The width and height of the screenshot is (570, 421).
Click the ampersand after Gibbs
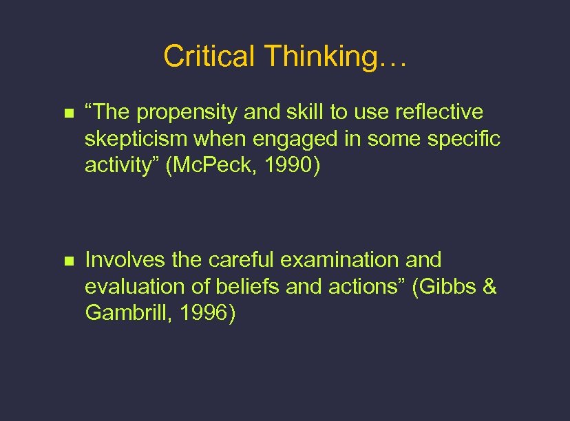(x=489, y=286)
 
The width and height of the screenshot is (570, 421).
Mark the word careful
(x=239, y=260)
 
